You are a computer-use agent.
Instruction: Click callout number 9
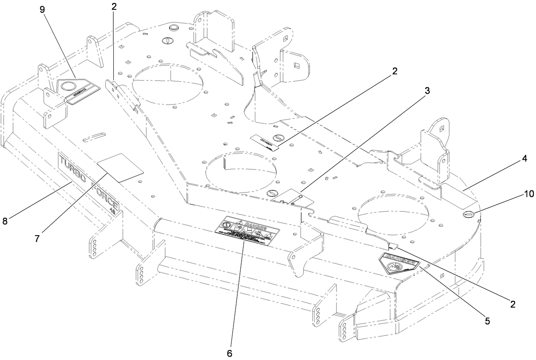click(x=42, y=9)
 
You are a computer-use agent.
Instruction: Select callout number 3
click(x=427, y=90)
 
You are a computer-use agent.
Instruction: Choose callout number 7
click(x=37, y=239)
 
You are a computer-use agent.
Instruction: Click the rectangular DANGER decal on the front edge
click(x=247, y=230)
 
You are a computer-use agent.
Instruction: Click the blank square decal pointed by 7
click(x=120, y=168)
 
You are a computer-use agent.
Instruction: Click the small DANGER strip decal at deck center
click(x=265, y=142)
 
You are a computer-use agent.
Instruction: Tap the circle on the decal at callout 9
click(x=67, y=86)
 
